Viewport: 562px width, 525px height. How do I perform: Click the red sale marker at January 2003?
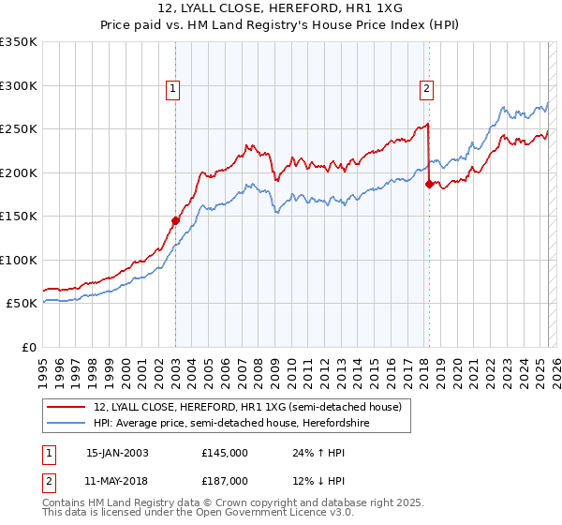[175, 220]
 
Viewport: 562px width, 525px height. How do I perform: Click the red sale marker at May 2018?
[429, 184]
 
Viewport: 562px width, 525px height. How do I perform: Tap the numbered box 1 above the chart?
[174, 89]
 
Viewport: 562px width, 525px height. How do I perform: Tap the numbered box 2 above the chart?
[426, 89]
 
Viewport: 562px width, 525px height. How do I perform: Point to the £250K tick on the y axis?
[19, 129]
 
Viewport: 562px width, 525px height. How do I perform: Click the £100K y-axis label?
[19, 260]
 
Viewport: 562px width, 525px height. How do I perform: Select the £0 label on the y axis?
[28, 347]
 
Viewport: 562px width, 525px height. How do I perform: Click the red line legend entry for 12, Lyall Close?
[247, 407]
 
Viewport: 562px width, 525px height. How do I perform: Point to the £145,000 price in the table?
[225, 453]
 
